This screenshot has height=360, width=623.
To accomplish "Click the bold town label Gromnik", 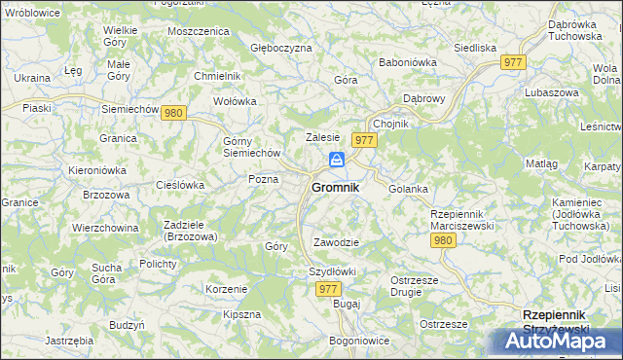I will [335, 187].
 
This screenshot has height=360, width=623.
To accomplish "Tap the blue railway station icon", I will [336, 160].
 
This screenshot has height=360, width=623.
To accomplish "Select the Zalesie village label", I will [322, 138].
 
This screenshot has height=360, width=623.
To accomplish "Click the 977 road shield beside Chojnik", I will [365, 140].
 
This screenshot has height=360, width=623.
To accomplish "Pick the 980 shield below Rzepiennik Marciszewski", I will [443, 239].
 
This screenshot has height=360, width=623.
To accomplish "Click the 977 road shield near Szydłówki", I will [329, 289].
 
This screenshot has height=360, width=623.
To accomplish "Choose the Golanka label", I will [408, 189].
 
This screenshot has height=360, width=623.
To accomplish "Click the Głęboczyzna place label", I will [281, 48].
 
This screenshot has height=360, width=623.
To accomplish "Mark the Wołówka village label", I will [235, 100].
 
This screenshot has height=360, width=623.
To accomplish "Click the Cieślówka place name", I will [179, 184].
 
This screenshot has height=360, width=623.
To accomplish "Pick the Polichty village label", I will [157, 264].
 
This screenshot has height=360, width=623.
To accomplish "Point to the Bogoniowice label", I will [359, 341].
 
